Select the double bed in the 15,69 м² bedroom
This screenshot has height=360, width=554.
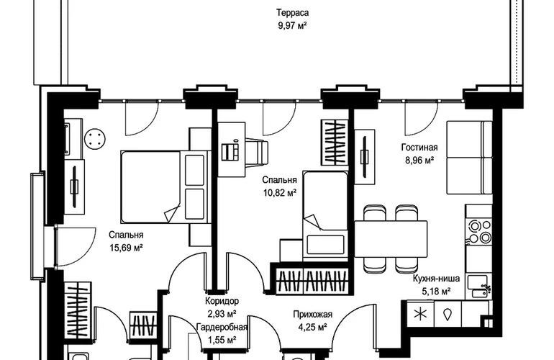[x=155, y=185]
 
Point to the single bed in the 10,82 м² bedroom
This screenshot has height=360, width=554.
[x=326, y=216]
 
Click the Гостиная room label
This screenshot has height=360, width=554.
[x=419, y=148]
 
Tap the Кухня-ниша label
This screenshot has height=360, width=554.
[x=432, y=279]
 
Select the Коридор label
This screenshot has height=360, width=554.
[x=222, y=301]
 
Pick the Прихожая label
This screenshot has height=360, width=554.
[x=312, y=314]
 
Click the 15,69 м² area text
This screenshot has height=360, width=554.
[x=126, y=248]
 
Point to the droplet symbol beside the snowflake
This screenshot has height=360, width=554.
[x=447, y=314]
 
